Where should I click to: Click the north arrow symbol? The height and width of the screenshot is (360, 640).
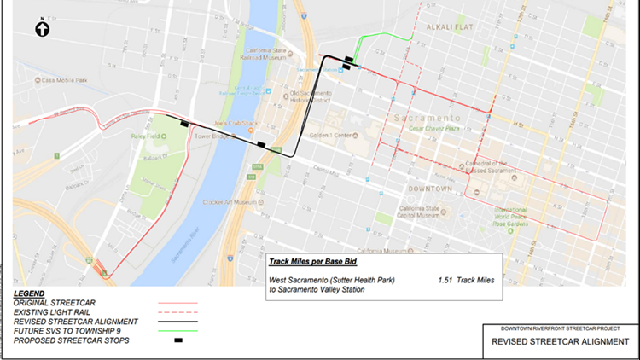tap(42, 29)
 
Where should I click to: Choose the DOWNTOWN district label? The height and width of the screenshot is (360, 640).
tap(430, 187)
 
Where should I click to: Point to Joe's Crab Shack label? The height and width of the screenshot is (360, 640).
tap(237, 123)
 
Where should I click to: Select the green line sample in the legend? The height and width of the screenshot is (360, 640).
tap(177, 329)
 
